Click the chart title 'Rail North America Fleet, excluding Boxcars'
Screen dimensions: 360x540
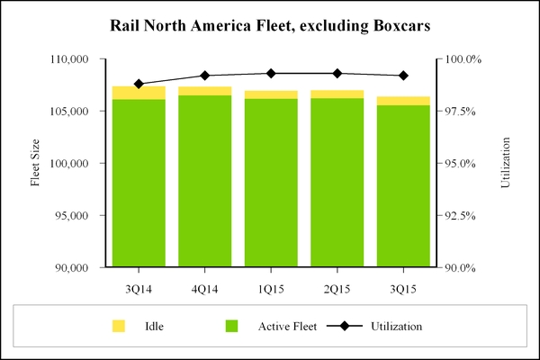tap(270, 26)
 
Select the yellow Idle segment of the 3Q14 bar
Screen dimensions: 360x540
tap(139, 93)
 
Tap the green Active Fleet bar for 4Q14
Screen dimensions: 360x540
tap(205, 180)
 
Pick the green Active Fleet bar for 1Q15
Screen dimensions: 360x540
tap(271, 180)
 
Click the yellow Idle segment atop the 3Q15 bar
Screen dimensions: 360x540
tap(403, 101)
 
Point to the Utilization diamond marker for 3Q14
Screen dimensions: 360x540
tap(139, 84)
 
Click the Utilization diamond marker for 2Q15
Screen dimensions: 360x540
tap(337, 73)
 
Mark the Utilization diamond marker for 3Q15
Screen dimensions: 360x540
tap(403, 76)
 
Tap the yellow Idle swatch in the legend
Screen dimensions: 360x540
tap(118, 325)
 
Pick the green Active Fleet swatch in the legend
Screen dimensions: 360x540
tap(232, 325)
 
